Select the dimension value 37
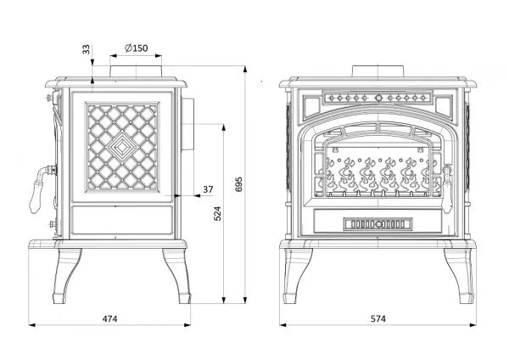pos(209,188)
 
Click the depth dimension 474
pos(109,318)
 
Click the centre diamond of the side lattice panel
pos(123,149)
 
